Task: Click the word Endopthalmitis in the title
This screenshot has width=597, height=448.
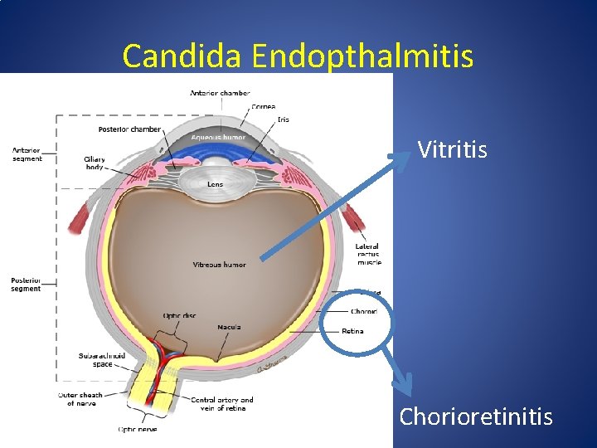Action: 363,56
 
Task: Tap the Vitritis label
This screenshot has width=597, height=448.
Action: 452,149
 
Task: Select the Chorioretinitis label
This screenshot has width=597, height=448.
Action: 476,416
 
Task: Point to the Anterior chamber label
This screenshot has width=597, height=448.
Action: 220,93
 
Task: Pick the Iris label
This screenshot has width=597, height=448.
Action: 283,119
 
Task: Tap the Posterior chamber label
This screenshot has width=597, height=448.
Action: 129,129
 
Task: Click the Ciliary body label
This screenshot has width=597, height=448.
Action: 95,163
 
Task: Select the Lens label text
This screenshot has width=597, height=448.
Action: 215,184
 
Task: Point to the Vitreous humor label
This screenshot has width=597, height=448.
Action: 219,265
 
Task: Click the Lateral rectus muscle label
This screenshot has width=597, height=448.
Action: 368,254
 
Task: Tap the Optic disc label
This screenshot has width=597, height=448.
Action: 180,315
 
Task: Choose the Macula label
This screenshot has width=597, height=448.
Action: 229,327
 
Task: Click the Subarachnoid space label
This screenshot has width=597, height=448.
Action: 102,359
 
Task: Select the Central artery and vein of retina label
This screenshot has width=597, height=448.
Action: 222,404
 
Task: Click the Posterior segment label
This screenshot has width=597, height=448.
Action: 26,284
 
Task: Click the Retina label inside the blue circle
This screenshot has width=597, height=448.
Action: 352,331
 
